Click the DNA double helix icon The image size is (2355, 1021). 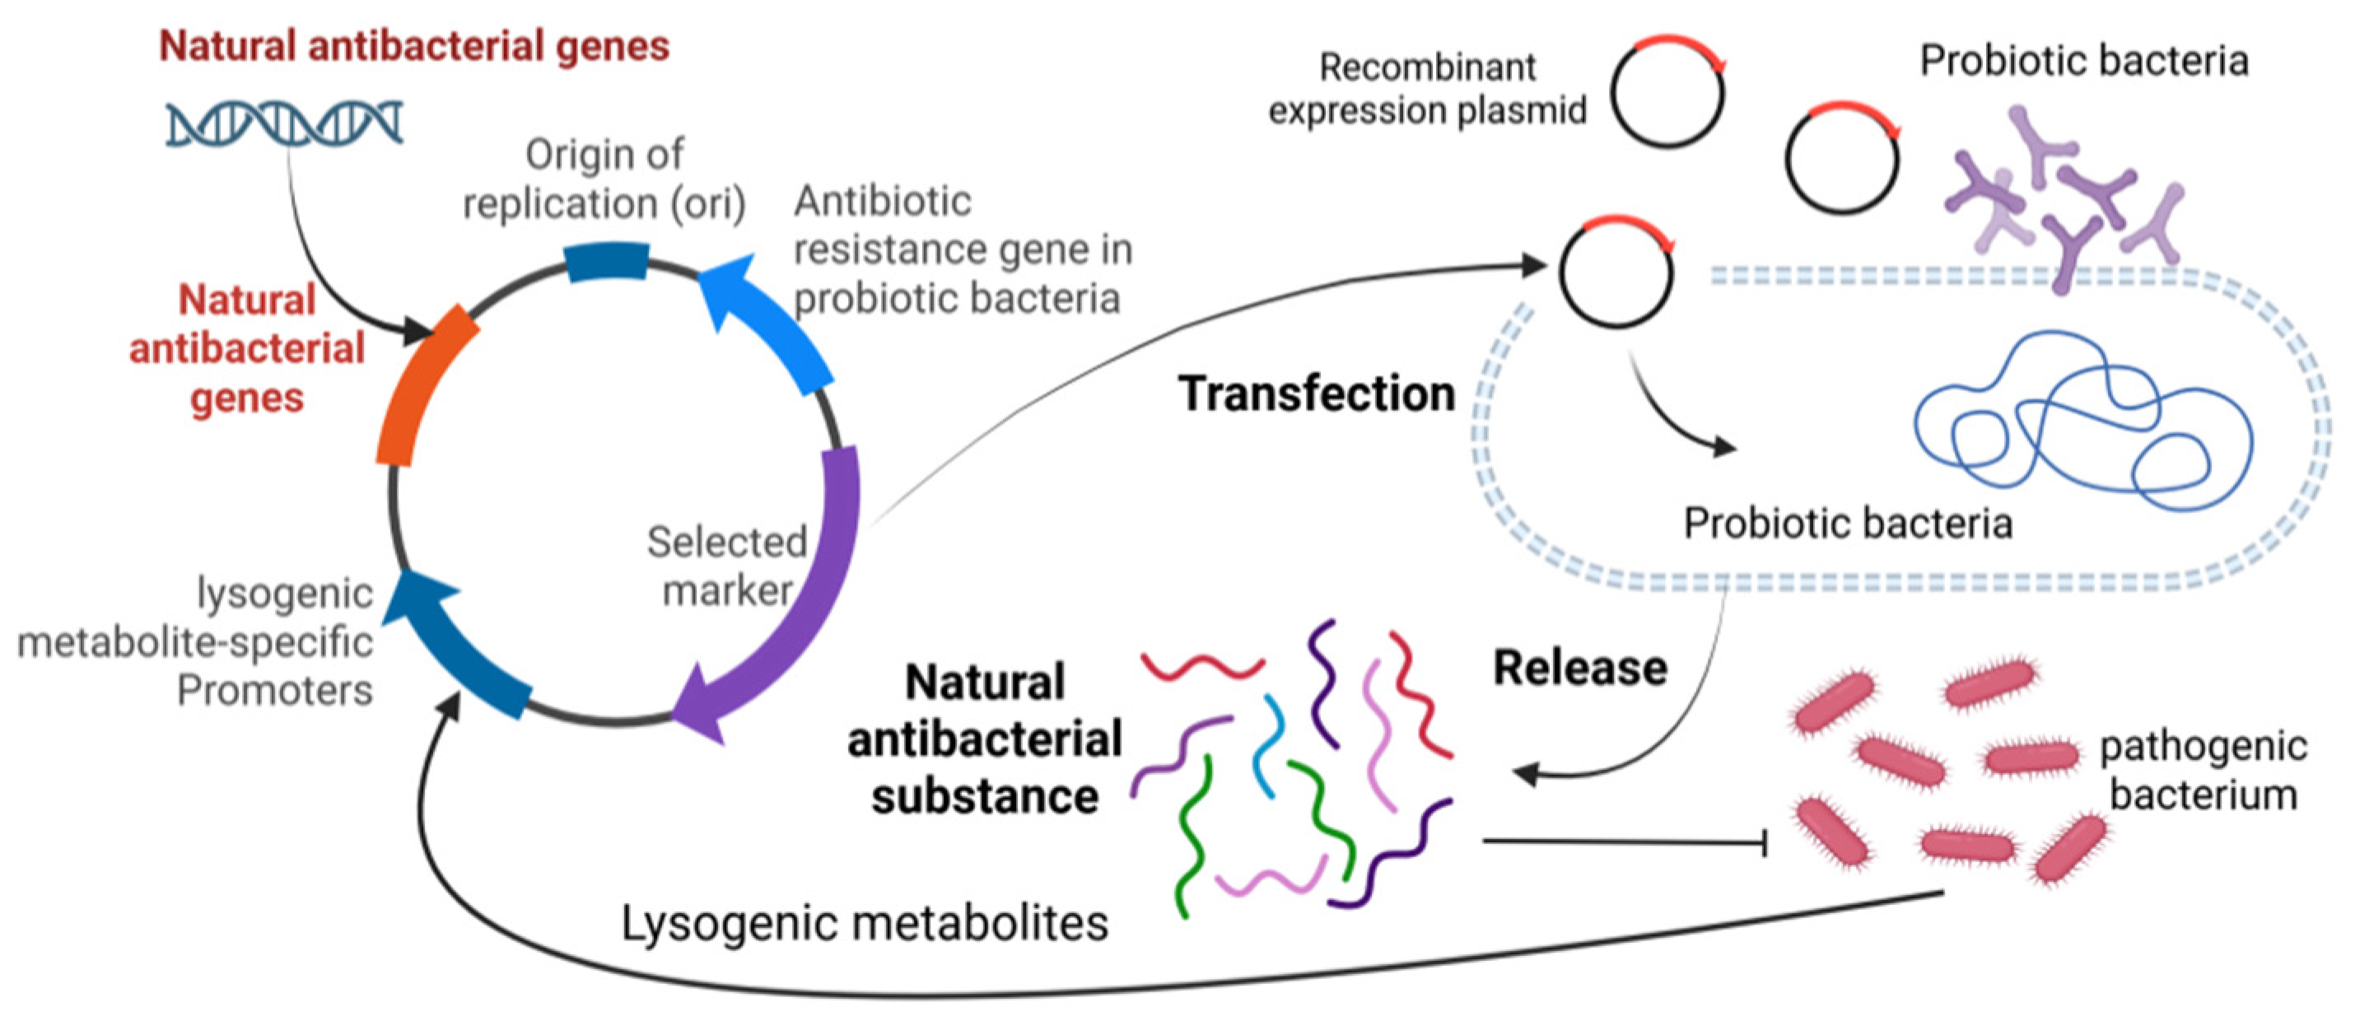point(283,124)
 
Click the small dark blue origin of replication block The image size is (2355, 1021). point(606,261)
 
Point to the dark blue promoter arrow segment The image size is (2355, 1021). point(457,649)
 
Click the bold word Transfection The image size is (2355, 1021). point(1317,394)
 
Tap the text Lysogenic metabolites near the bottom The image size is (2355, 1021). point(864,922)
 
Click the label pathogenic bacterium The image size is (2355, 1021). point(2203,771)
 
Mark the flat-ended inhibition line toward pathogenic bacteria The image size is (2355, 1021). point(1623,841)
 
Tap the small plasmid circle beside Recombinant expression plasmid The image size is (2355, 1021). point(1667,91)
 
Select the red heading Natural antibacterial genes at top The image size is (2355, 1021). point(414,46)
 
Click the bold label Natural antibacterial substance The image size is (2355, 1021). point(985,739)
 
